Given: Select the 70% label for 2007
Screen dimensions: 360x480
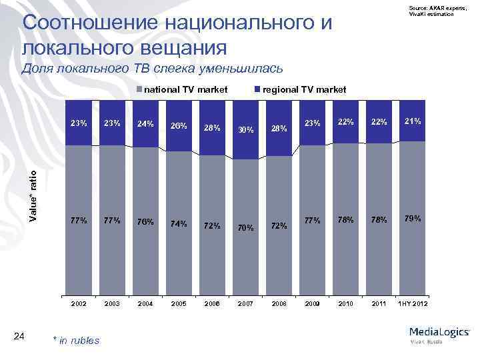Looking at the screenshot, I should pos(246,227).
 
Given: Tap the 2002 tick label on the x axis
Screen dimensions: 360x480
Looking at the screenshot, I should pos(79,303).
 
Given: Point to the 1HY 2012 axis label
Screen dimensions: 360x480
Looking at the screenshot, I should pos(413,303).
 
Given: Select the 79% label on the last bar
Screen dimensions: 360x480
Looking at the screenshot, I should pos(413,218).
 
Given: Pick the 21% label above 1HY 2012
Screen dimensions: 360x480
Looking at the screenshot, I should pos(413,121).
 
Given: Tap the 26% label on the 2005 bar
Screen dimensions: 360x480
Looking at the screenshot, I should pos(179,125).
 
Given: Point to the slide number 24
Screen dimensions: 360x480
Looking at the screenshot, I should pos(19,336).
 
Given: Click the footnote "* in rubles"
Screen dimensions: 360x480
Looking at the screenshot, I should pos(75,341).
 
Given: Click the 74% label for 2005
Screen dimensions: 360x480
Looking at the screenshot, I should pos(179,224).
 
